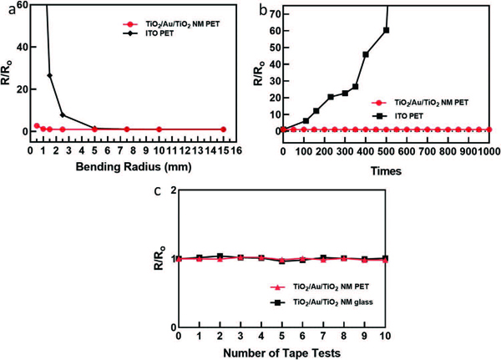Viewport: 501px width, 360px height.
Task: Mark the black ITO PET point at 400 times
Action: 366,55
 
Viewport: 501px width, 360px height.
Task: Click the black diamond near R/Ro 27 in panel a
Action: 50,76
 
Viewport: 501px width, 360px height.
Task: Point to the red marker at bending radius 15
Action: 224,129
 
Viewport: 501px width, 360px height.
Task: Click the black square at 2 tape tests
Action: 220,256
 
